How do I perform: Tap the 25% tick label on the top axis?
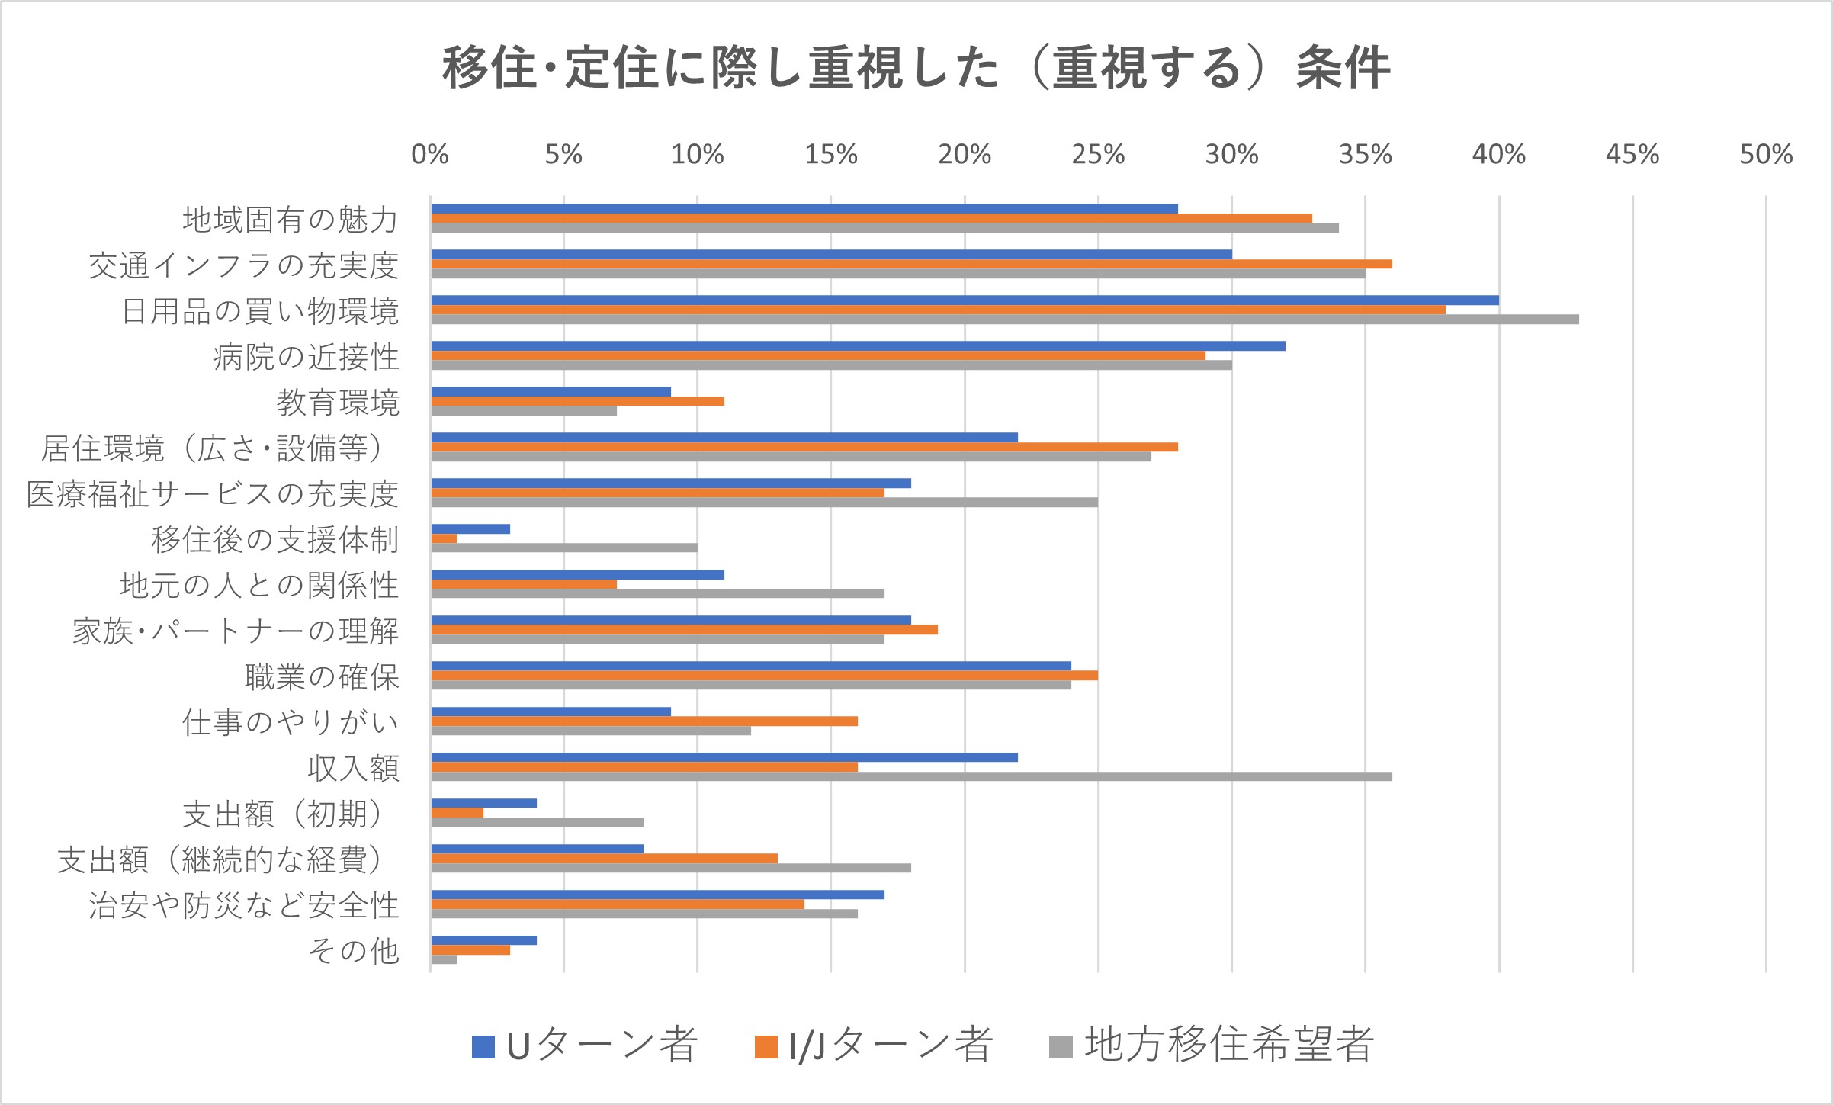click(1098, 155)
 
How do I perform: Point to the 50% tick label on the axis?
click(1766, 155)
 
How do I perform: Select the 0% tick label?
click(430, 155)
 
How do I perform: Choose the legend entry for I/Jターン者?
click(874, 1045)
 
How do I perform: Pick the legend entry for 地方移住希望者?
click(1212, 1045)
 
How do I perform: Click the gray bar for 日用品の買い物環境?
click(1005, 320)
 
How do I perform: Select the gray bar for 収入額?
click(911, 776)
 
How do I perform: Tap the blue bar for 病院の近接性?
click(858, 346)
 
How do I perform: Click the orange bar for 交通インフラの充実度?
click(911, 264)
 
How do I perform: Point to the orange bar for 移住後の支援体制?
click(445, 538)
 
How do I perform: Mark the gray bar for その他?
click(445, 959)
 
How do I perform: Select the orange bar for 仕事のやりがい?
click(644, 721)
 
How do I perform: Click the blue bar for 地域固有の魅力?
click(804, 209)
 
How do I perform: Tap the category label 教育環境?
click(338, 403)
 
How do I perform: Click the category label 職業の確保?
click(322, 677)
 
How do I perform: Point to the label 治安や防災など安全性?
click(244, 906)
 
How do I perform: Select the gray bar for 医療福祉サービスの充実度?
click(764, 503)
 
